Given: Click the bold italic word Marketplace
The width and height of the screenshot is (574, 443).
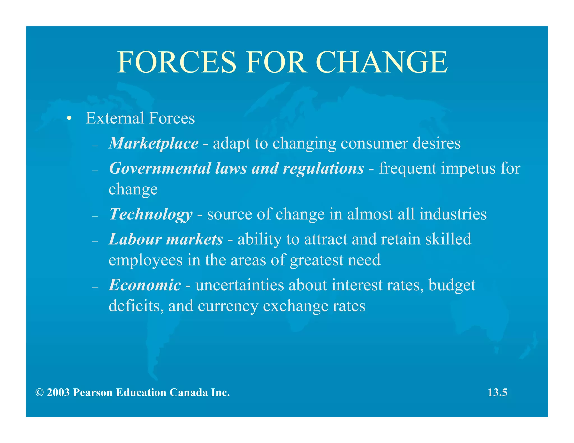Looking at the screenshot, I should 154,143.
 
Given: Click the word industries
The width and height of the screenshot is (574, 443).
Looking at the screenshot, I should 453,214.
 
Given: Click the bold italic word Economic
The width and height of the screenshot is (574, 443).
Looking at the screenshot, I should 145,285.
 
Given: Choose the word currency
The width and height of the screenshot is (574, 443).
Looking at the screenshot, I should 228,306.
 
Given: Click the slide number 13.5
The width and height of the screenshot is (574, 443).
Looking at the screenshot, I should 497,392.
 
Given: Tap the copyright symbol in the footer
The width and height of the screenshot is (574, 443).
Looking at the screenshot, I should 40,393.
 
